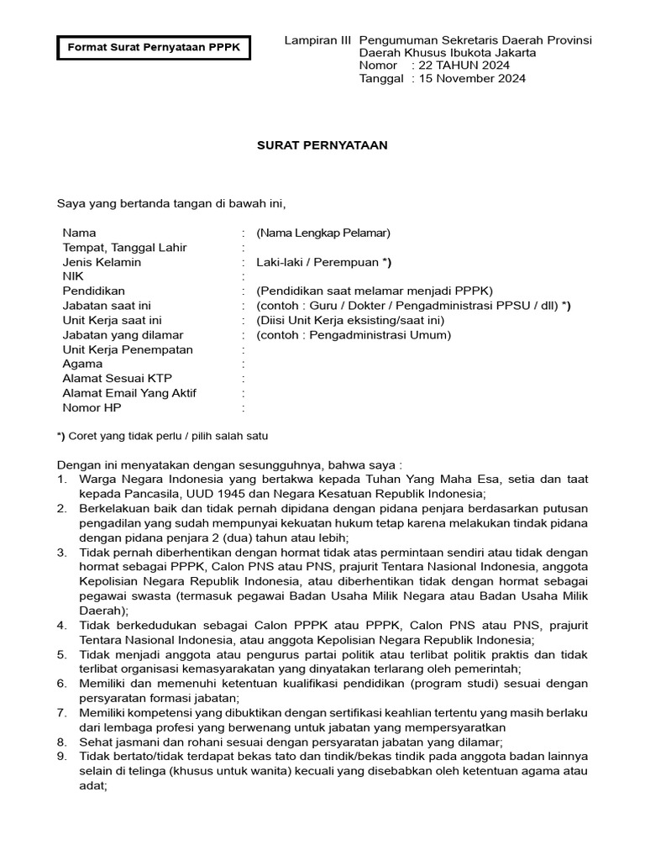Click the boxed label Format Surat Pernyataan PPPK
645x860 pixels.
[154, 48]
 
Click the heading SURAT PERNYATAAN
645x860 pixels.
[322, 145]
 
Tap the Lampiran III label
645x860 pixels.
[317, 40]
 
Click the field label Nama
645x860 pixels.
[79, 233]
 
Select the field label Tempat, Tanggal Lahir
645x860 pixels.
[124, 248]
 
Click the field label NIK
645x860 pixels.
[73, 276]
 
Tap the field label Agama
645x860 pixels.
[82, 364]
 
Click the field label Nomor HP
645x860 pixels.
[92, 407]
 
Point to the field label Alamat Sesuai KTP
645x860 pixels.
[117, 379]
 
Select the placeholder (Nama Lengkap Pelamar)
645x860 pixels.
[323, 233]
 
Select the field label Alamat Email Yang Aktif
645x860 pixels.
[129, 393]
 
